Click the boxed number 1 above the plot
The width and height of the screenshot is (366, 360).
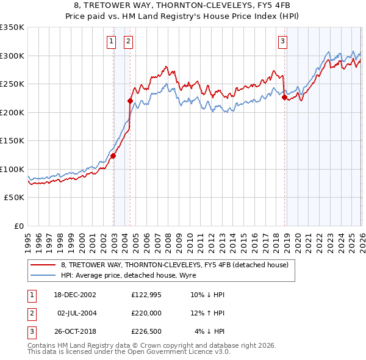[112, 41]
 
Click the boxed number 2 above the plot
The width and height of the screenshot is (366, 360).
[129, 41]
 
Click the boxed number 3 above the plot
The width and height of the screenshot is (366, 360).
[283, 41]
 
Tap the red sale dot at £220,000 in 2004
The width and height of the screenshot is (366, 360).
[130, 101]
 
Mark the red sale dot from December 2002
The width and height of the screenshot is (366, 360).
[113, 156]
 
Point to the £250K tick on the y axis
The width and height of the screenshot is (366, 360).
[12, 84]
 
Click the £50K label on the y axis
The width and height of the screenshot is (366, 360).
[14, 198]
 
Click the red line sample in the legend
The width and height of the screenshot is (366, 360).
[43, 265]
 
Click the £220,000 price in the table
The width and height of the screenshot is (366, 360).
[146, 312]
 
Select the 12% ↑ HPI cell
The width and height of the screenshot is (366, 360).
[209, 312]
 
